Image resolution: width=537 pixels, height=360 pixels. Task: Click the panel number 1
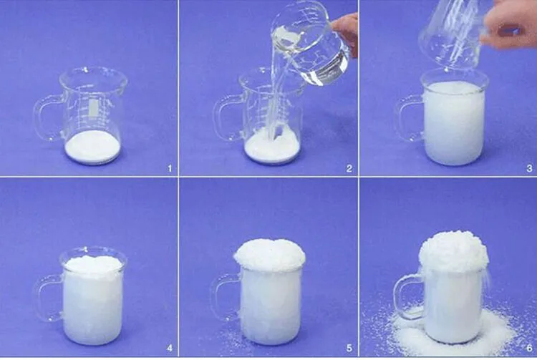pyautogui.click(x=170, y=168)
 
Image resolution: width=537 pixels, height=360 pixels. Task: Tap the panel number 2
pyautogui.click(x=349, y=168)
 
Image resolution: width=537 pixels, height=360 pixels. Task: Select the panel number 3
pyautogui.click(x=529, y=168)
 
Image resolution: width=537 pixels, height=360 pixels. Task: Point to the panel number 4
pyautogui.click(x=170, y=349)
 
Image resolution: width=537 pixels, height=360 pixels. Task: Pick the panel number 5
pyautogui.click(x=349, y=349)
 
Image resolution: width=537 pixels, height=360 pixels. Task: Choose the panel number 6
pyautogui.click(x=529, y=349)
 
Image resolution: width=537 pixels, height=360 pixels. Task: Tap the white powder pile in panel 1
pyautogui.click(x=92, y=147)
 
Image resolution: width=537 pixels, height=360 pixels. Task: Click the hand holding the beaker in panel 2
pyautogui.click(x=346, y=32)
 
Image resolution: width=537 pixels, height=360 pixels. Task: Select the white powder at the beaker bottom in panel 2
pyautogui.click(x=272, y=145)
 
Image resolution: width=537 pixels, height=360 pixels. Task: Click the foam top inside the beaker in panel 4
pyautogui.click(x=93, y=266)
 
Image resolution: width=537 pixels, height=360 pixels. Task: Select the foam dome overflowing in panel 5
pyautogui.click(x=269, y=255)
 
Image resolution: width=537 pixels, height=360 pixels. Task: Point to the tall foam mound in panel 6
pyautogui.click(x=454, y=251)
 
